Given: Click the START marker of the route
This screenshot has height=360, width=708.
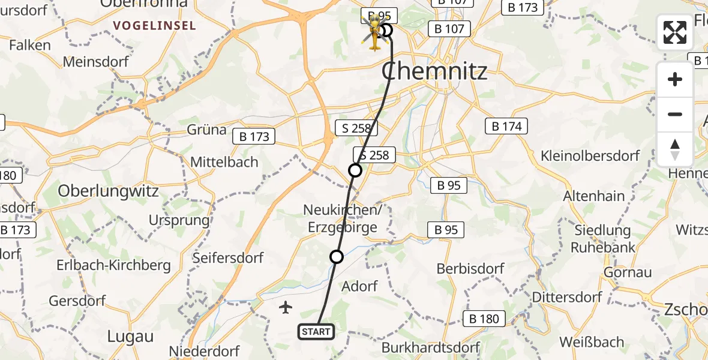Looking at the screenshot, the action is [x=316, y=331].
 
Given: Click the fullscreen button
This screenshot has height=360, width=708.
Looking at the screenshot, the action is [x=675, y=32].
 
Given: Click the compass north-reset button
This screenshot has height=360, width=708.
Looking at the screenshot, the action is [x=675, y=149].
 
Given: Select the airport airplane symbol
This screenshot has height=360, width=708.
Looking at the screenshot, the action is [x=286, y=308].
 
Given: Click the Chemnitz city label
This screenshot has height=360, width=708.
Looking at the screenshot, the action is [x=434, y=72].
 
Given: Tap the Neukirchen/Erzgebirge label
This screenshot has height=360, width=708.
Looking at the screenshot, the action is [x=342, y=218].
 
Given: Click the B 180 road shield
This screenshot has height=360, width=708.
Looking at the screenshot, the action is [x=484, y=319].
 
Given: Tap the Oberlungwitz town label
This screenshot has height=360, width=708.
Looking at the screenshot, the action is [x=108, y=191].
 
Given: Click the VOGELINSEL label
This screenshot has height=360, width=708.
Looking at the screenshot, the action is [x=154, y=26].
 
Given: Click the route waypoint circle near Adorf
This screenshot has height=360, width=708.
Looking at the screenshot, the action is [x=337, y=257].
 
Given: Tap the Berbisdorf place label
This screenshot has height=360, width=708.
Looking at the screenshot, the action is [x=471, y=268].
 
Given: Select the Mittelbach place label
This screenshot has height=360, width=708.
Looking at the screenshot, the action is [x=224, y=161].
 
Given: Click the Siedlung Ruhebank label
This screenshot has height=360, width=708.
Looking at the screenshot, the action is [x=602, y=238].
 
